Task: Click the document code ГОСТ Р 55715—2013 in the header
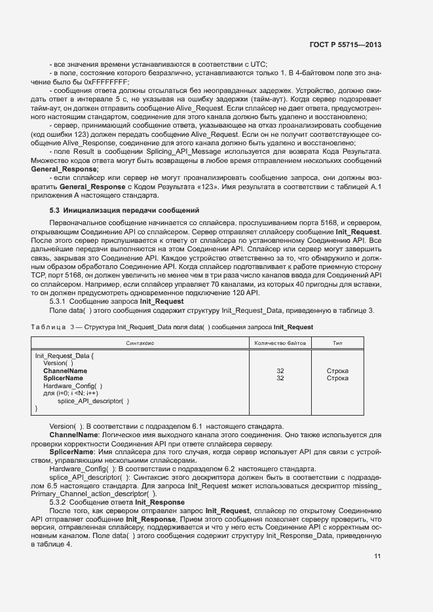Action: pyautogui.click(x=345, y=45)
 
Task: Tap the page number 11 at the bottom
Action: pyautogui.click(x=377, y=556)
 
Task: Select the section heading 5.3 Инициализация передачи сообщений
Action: pyautogui.click(x=120, y=211)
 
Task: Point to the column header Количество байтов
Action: pyautogui.click(x=280, y=343)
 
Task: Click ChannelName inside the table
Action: pyautogui.click(x=65, y=371)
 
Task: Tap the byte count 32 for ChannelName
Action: pyautogui.click(x=280, y=371)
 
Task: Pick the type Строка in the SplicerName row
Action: pyautogui.click(x=337, y=378)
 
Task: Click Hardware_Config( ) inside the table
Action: pyautogui.click(x=72, y=386)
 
